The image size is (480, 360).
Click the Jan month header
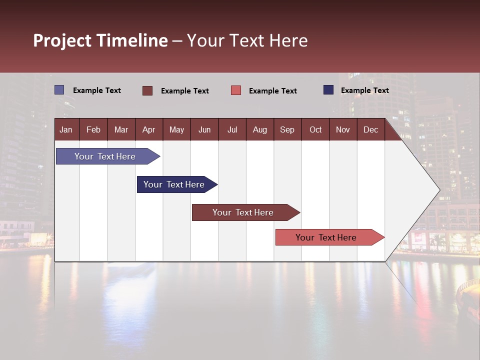tap(66, 129)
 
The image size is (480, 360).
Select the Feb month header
tap(93, 129)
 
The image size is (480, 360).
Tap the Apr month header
tap(148, 129)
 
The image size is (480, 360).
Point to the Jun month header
tap(204, 129)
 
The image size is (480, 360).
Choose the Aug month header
tap(259, 129)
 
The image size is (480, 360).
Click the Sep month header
tap(287, 129)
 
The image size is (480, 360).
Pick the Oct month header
tap(315, 129)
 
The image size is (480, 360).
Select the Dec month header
tap(370, 129)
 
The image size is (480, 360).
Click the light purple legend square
tap(59, 90)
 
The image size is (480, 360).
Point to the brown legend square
tap(147, 90)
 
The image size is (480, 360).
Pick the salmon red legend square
tap(236, 90)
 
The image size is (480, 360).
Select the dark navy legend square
tap(328, 90)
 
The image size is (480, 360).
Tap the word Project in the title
tap(62, 40)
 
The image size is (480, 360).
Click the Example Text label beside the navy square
tap(364, 90)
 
